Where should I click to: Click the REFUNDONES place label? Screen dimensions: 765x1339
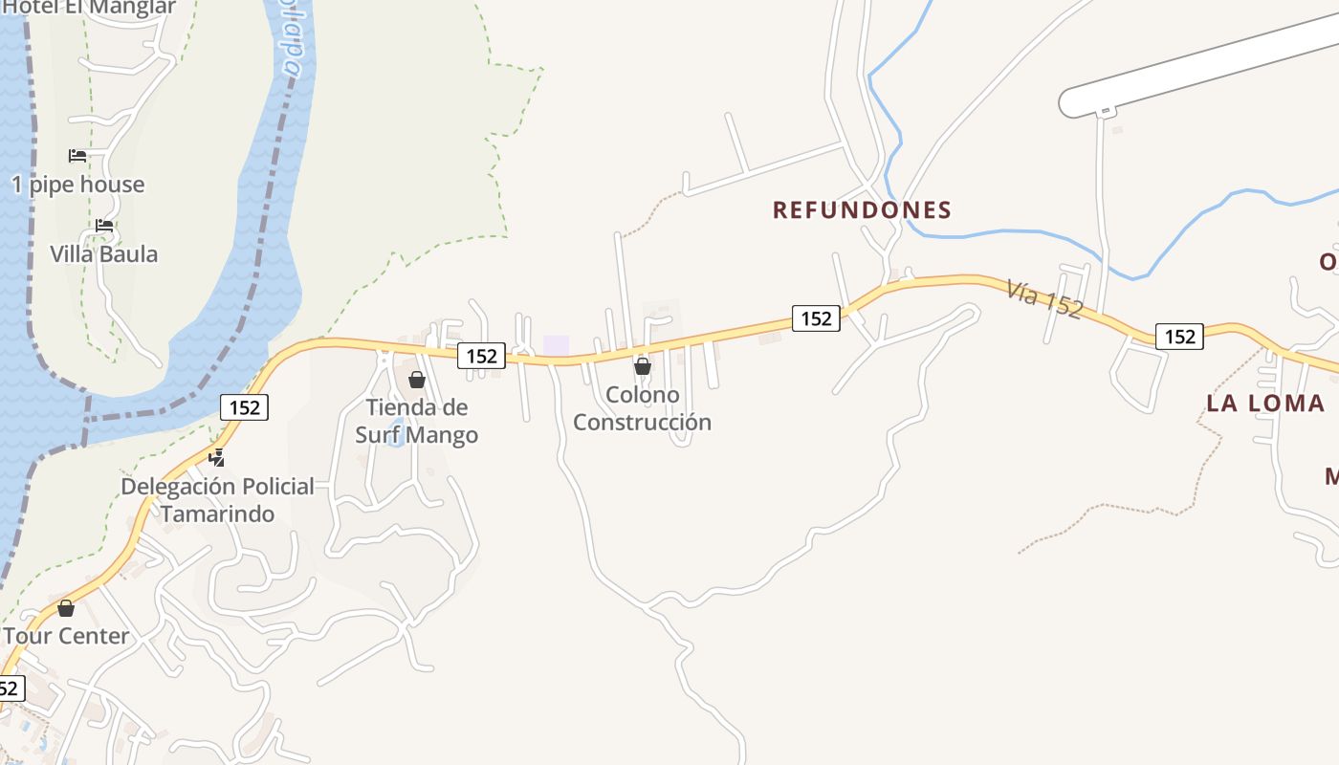862,209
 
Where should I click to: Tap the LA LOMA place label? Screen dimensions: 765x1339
1265,403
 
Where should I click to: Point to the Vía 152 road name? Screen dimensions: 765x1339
1043,297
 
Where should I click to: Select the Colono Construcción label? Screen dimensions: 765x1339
642,408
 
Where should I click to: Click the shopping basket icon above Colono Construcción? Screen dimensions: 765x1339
643,366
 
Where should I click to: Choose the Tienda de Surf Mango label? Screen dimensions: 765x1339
417,421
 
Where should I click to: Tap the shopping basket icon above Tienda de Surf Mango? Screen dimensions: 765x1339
417,380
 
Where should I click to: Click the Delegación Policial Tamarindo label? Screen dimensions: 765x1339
217,499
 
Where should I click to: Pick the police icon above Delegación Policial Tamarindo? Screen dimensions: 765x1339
218,457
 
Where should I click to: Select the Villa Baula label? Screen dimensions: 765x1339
104,254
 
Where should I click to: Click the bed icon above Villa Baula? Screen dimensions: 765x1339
104,226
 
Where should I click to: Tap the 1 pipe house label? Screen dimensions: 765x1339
78,185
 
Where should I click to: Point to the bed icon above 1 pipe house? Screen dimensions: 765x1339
77,155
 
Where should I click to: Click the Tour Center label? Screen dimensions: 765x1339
66,636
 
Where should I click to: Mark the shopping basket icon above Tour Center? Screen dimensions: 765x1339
66,608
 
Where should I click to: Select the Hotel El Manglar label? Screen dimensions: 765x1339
90,8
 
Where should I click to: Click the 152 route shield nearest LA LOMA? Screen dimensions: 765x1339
1179,336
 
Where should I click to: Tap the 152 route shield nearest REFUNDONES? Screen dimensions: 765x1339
816,317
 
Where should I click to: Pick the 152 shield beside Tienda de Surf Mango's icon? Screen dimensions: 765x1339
481,356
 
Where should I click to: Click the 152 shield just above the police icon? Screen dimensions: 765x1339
245,407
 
